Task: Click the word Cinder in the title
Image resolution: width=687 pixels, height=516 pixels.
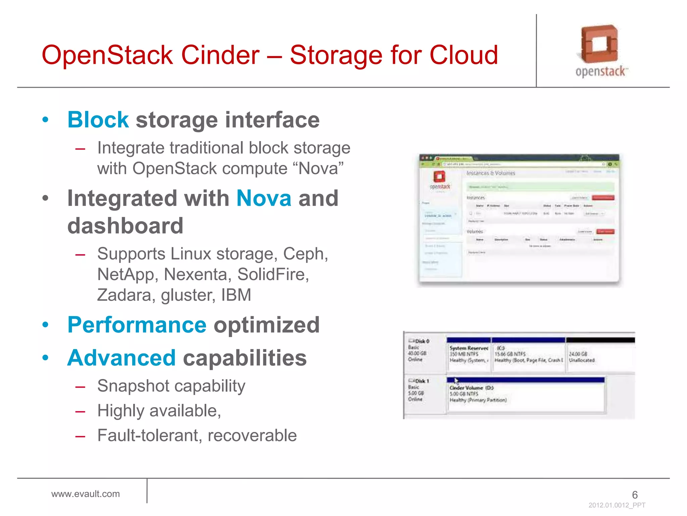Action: pyautogui.click(x=220, y=55)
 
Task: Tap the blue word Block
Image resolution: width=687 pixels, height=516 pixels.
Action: pyautogui.click(x=98, y=120)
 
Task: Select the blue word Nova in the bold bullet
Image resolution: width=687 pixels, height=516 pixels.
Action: pyautogui.click(x=264, y=198)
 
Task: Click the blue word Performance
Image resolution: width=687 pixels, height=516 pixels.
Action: pyautogui.click(x=137, y=325)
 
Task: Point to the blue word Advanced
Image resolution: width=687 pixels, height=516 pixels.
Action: pyautogui.click(x=121, y=358)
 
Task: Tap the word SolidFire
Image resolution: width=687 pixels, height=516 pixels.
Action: pyautogui.click(x=273, y=274)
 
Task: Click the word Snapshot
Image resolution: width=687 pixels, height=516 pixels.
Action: pyautogui.click(x=133, y=386)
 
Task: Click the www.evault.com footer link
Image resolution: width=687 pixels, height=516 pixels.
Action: pyautogui.click(x=86, y=494)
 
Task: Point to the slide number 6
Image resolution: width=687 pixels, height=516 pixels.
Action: pyautogui.click(x=635, y=494)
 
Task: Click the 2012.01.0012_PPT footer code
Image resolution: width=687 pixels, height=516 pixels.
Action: pyautogui.click(x=617, y=505)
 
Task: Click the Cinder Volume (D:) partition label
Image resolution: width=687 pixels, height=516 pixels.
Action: pyautogui.click(x=471, y=388)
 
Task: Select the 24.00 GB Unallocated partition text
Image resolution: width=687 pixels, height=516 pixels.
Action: pyautogui.click(x=582, y=357)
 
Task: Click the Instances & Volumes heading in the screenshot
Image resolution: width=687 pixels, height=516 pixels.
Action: pyautogui.click(x=490, y=173)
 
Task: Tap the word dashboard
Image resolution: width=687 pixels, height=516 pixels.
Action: pyautogui.click(x=125, y=226)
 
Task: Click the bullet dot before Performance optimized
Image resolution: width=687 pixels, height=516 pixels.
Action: pyautogui.click(x=46, y=325)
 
